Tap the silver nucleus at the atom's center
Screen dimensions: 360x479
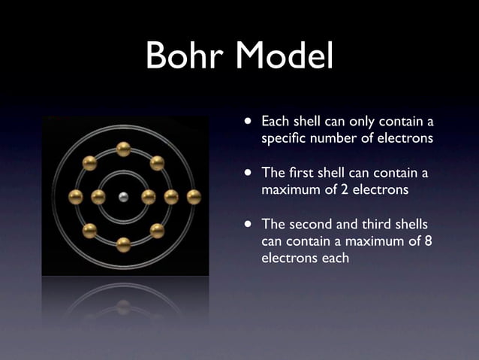pyautogui.click(x=124, y=197)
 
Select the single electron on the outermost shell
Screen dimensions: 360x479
pyautogui.click(x=194, y=197)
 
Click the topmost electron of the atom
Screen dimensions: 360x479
pyautogui.click(x=124, y=149)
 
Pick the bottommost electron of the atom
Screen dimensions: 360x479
pyautogui.click(x=124, y=244)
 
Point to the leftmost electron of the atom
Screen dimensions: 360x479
pyautogui.click(x=76, y=197)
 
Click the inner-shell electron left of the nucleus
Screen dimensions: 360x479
pyautogui.click(x=98, y=197)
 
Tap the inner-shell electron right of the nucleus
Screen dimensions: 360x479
pyautogui.click(x=149, y=197)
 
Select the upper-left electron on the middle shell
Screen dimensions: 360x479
pyautogui.click(x=89, y=163)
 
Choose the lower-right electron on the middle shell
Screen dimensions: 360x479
pyautogui.click(x=158, y=231)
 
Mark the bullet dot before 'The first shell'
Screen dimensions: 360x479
pyautogui.click(x=248, y=173)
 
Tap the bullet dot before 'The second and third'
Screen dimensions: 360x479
pyautogui.click(x=248, y=225)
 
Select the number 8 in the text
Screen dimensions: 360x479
pyautogui.click(x=429, y=241)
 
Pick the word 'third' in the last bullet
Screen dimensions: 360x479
pyautogui.click(x=381, y=225)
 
